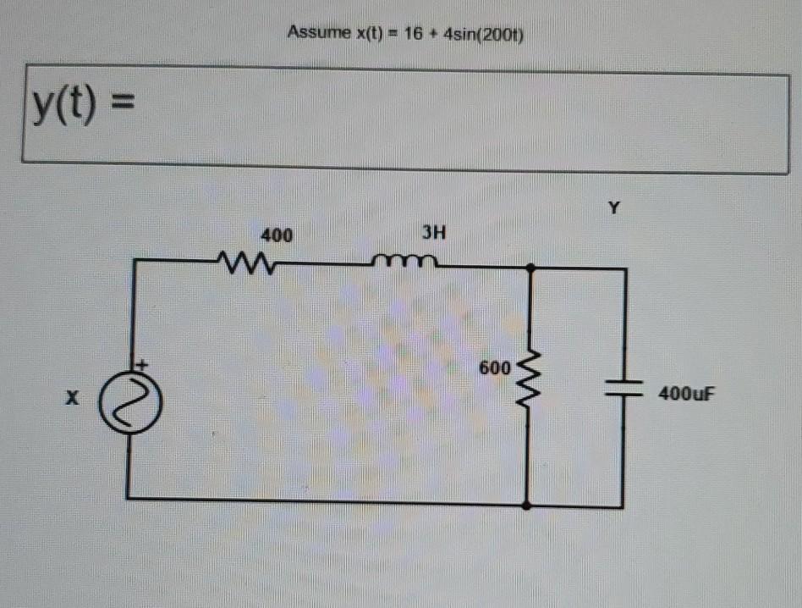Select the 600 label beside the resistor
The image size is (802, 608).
tap(495, 369)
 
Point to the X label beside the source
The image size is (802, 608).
tap(74, 395)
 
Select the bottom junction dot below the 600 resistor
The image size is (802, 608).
tap(528, 505)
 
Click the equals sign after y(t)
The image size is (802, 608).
tap(123, 108)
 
